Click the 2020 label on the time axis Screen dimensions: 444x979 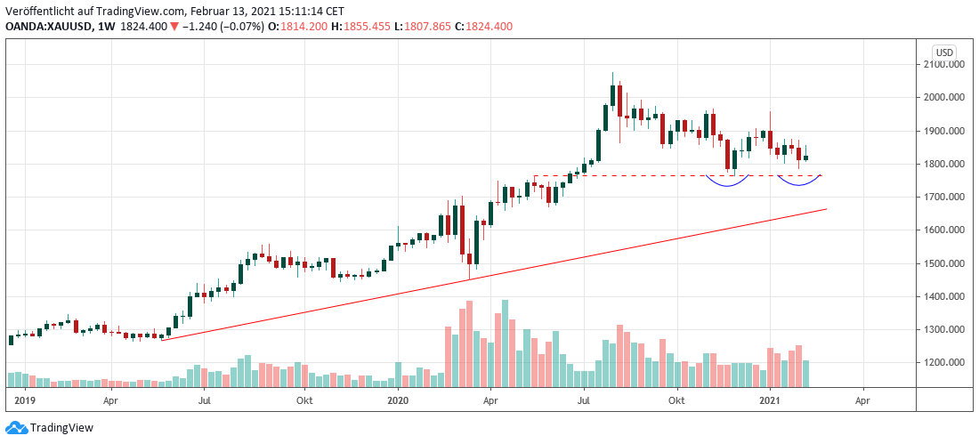click(399, 401)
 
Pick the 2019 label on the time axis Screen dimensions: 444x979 click(25, 401)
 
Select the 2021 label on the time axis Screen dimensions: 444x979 click(772, 401)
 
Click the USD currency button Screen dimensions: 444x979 click(943, 52)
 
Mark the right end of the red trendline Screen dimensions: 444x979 click(827, 209)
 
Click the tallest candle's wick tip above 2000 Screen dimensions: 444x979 click(612, 73)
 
